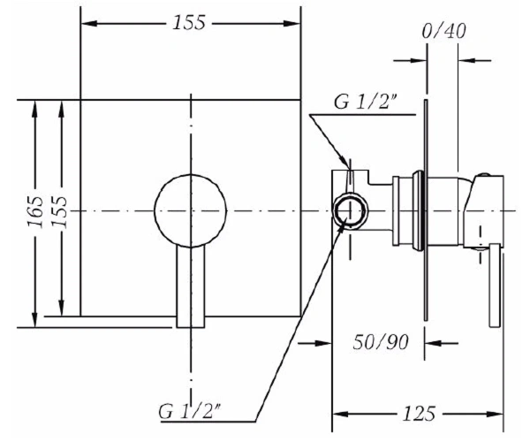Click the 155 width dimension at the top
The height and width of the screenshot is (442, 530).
pyautogui.click(x=189, y=23)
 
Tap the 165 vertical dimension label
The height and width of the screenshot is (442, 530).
pyautogui.click(x=36, y=211)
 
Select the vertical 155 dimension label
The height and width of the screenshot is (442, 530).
pyautogui.click(x=60, y=212)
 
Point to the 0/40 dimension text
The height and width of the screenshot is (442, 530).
pyautogui.click(x=443, y=31)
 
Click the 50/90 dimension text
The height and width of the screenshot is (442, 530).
pyautogui.click(x=381, y=342)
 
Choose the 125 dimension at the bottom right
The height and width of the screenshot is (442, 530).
pyautogui.click(x=419, y=413)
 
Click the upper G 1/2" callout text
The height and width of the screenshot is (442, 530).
pyautogui.click(x=365, y=102)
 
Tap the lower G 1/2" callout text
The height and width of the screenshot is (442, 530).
pyautogui.click(x=190, y=411)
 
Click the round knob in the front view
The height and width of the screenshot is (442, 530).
pyautogui.click(x=191, y=211)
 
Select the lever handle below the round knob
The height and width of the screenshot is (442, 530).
pyautogui.click(x=191, y=286)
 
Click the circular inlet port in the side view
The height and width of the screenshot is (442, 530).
pyautogui.click(x=350, y=210)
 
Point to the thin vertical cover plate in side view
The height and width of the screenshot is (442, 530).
pyautogui.click(x=426, y=210)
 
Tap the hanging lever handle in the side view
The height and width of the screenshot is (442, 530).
pyautogui.click(x=495, y=286)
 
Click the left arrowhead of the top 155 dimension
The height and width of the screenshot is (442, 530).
pyautogui.click(x=89, y=23)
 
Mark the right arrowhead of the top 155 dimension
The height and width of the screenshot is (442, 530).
pyautogui.click(x=292, y=23)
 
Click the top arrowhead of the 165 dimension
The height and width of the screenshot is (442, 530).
pyautogui.click(x=34, y=109)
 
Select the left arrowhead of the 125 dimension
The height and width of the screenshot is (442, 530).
pyautogui.click(x=340, y=414)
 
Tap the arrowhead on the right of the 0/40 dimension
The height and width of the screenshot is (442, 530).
pyautogui.click(x=466, y=61)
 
